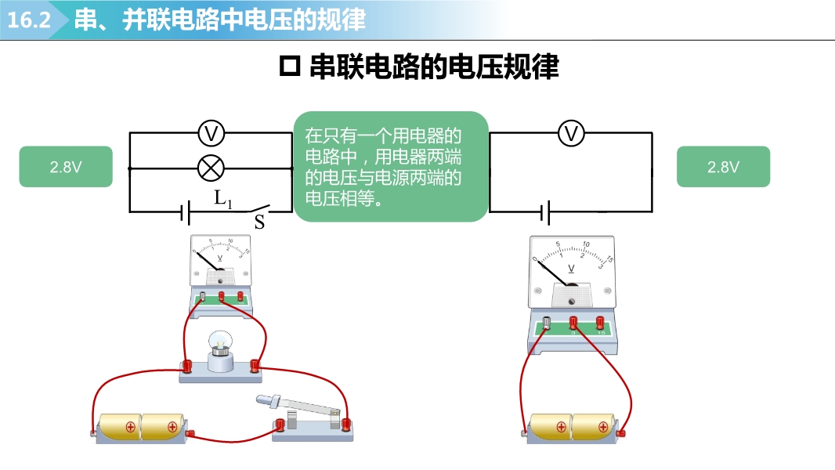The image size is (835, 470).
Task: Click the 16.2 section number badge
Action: point(30,20)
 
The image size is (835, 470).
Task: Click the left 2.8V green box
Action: point(66,167)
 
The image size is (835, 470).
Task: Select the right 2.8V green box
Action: point(723,167)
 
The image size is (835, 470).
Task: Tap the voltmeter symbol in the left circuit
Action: point(210,134)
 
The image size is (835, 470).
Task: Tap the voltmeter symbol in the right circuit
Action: point(571,134)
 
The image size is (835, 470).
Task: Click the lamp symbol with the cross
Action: point(210,168)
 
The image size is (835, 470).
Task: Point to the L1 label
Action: point(223,199)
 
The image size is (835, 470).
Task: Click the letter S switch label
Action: point(259,222)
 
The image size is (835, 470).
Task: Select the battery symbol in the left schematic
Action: point(186,212)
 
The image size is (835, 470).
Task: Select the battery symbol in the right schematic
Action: point(544,212)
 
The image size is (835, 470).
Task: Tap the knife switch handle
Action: point(266,401)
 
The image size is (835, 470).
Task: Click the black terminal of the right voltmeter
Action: point(546,322)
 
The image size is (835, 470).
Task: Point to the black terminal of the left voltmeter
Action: point(204,296)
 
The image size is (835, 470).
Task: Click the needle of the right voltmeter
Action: point(553,273)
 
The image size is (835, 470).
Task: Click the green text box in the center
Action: point(391,166)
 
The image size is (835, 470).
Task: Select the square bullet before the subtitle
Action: point(290,67)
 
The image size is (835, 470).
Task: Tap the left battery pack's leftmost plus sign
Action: point(130,427)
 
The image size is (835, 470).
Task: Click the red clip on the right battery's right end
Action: point(623,432)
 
